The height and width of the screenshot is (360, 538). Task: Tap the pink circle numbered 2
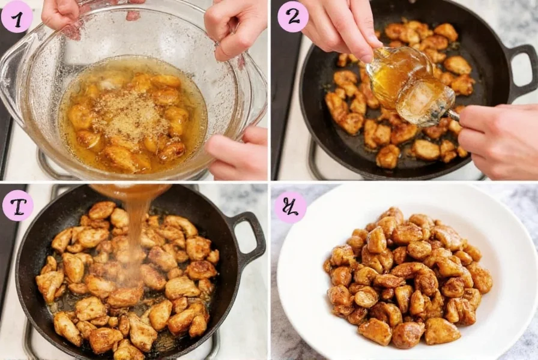(292, 17)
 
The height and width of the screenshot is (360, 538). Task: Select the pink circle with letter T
(17, 206)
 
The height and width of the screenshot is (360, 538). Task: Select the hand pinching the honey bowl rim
(342, 27)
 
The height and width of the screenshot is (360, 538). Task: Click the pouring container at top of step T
(129, 190)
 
